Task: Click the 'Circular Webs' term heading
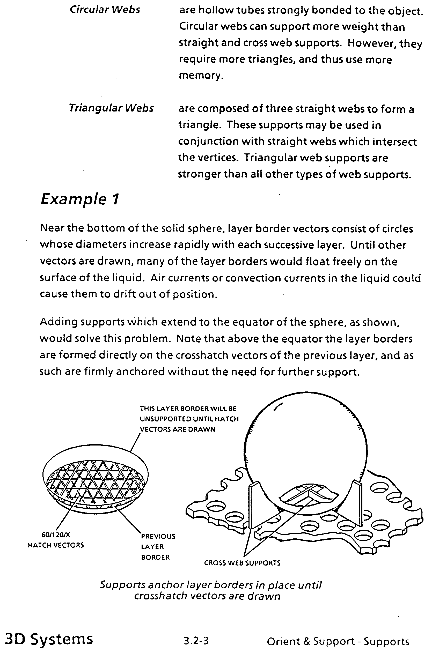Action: [105, 10]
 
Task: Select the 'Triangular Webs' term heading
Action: [111, 108]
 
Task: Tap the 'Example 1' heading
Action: [80, 199]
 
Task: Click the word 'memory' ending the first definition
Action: [200, 75]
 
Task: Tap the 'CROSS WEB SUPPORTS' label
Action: [242, 563]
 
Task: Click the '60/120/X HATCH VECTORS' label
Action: [56, 540]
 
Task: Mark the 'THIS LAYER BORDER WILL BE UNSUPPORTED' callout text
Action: [189, 419]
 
